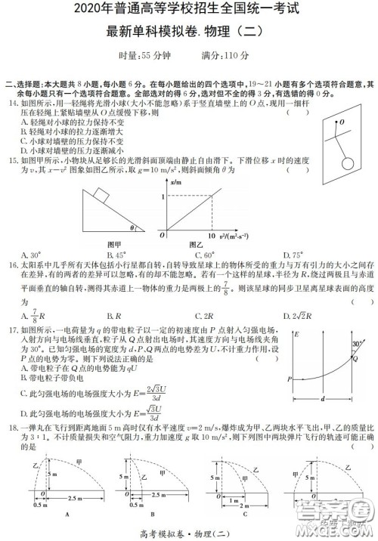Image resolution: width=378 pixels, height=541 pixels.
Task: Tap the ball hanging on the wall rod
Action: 348,162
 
